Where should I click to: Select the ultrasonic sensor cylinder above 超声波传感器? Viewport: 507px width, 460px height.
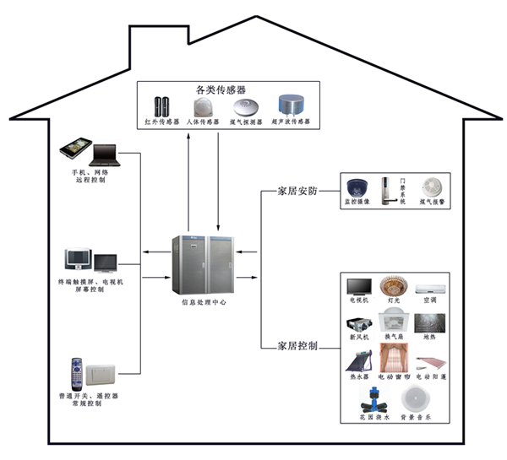(290, 106)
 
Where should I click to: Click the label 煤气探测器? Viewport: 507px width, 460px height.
(247, 122)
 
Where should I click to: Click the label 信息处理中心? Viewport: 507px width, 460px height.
(204, 301)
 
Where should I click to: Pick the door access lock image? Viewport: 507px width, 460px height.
(391, 190)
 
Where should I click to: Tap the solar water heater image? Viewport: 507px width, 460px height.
(358, 364)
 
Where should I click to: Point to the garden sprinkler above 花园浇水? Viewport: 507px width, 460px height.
(372, 403)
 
